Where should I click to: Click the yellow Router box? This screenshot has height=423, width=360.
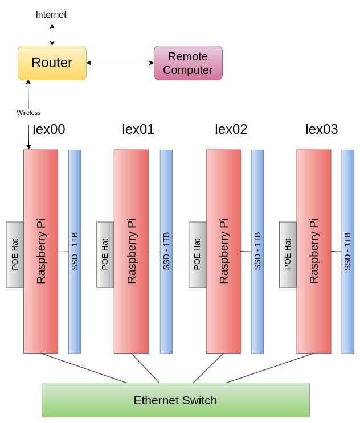[52, 63]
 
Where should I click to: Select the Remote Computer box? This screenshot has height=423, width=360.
[188, 63]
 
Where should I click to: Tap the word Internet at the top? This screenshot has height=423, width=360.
[51, 15]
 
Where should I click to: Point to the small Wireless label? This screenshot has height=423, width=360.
[28, 113]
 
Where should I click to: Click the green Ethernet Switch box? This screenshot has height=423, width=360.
[175, 400]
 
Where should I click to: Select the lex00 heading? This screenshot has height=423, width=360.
[48, 129]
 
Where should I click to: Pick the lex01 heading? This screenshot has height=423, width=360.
[138, 129]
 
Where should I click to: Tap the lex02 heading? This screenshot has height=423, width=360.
[231, 129]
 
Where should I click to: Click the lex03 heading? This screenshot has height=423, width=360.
[321, 129]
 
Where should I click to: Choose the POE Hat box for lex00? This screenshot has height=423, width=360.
[15, 254]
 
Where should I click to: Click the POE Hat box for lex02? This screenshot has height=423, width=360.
[197, 254]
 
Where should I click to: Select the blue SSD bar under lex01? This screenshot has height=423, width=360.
[166, 252]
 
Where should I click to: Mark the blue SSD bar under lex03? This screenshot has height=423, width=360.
[347, 252]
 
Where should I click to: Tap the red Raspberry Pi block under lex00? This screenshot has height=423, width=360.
[40, 251]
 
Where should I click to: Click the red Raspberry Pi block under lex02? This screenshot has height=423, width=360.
[223, 251]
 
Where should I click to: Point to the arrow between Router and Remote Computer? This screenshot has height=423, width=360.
[120, 63]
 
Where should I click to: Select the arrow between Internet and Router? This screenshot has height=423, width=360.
[52, 35]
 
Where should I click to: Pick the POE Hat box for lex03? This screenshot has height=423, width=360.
[288, 254]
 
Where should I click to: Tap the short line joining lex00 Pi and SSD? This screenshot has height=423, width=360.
[63, 252]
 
